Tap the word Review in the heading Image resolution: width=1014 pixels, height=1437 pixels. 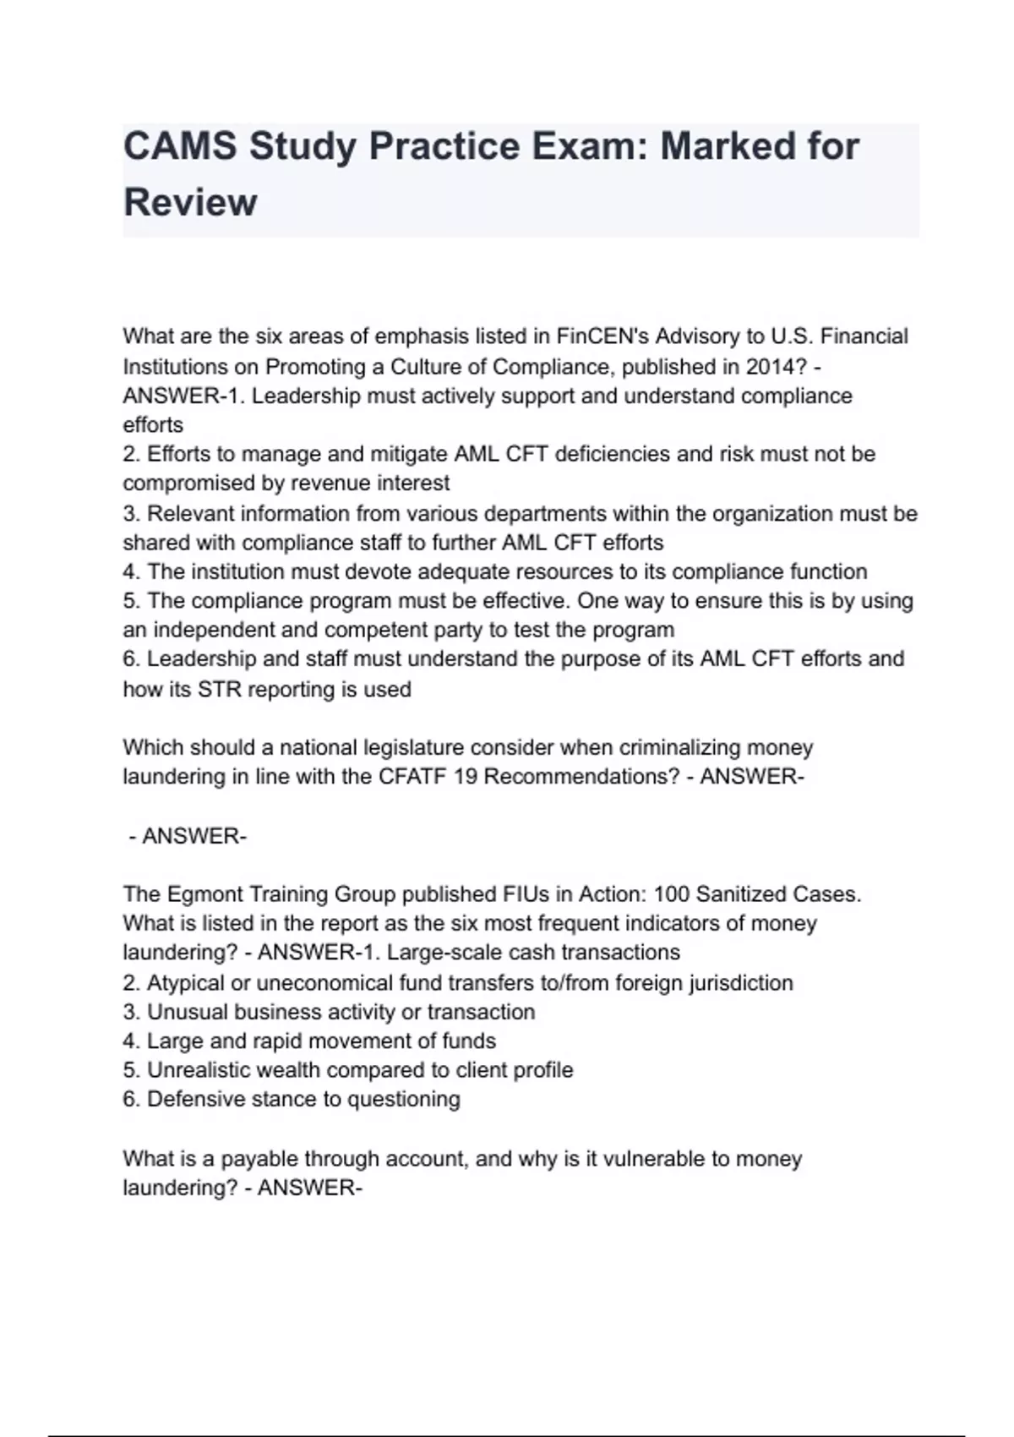click(190, 203)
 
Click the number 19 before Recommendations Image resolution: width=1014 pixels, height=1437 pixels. click(466, 777)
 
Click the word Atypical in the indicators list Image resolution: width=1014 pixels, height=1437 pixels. click(186, 984)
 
